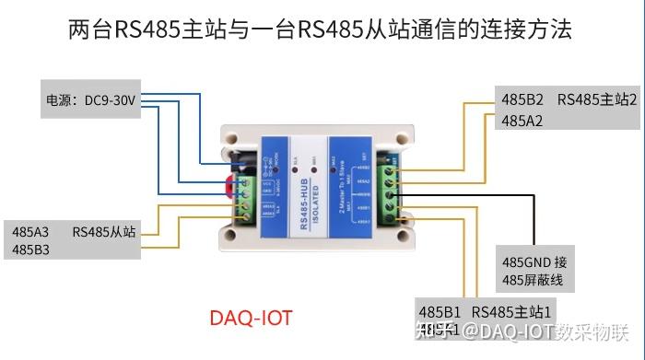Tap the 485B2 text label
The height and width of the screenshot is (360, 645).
[x=522, y=99]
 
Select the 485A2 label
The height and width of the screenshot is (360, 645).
[x=522, y=121]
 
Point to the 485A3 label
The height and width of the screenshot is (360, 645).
[x=31, y=231]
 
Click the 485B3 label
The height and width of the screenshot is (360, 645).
[x=31, y=250]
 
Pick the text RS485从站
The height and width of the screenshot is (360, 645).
[x=104, y=231]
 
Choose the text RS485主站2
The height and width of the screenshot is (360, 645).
[x=596, y=99]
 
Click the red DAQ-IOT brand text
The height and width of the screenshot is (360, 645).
[x=251, y=318]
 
